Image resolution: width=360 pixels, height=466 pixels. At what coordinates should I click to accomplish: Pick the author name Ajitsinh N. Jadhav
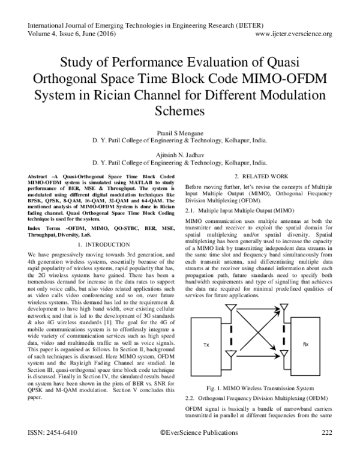click(x=180, y=154)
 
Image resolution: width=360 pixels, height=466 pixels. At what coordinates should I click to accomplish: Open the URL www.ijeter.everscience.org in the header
click(x=294, y=34)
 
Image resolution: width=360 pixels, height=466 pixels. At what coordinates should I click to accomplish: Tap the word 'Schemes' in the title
click(x=180, y=111)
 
